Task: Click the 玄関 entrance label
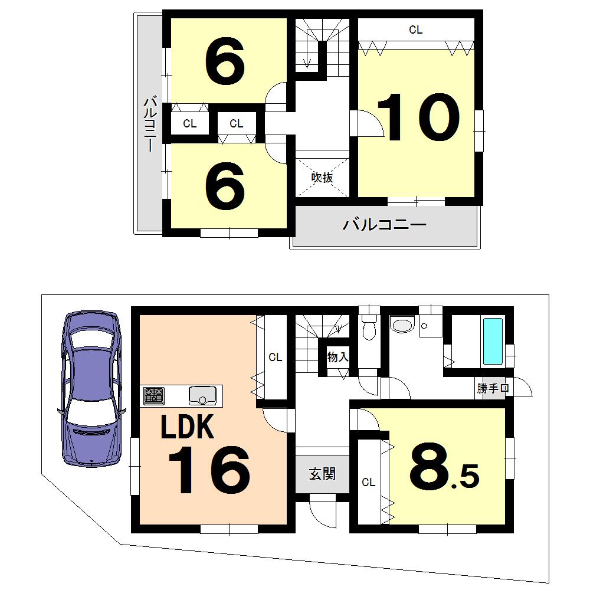point(322,473)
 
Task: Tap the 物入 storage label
point(338,356)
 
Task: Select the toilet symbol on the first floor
point(369,327)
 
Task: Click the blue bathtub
point(493,341)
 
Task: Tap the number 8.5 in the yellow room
point(442,469)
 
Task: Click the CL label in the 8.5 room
point(368,482)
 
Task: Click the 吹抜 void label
point(322,177)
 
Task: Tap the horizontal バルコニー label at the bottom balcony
point(384,225)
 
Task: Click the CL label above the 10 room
point(416,29)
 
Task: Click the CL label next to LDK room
point(275,357)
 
